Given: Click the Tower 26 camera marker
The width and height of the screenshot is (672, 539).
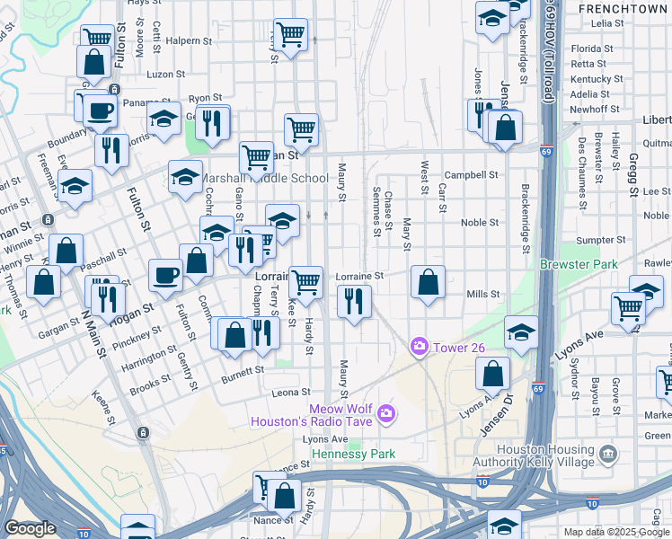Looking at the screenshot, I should (x=419, y=346).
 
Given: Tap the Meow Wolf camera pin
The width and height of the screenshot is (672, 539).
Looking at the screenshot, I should (x=386, y=412).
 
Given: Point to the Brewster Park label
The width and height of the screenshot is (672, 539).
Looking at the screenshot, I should (x=578, y=264).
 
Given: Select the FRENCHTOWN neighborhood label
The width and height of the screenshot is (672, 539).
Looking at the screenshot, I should (x=623, y=8).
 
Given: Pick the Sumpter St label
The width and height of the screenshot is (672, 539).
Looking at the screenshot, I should (x=600, y=240).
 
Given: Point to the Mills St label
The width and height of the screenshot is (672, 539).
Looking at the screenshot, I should (x=482, y=294).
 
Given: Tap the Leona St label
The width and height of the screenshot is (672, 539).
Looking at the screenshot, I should (x=292, y=393).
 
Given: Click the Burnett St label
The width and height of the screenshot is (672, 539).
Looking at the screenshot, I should (x=244, y=369).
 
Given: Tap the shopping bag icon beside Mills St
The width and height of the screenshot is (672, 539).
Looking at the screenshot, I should (x=429, y=282).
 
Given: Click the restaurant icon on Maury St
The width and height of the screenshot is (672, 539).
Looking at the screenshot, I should (x=354, y=301).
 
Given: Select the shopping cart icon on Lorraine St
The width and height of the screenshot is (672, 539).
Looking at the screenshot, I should (x=306, y=282).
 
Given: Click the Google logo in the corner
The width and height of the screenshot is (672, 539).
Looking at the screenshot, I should (x=30, y=528).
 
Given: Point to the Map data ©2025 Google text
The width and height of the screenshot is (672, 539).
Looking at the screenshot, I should (x=616, y=532).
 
